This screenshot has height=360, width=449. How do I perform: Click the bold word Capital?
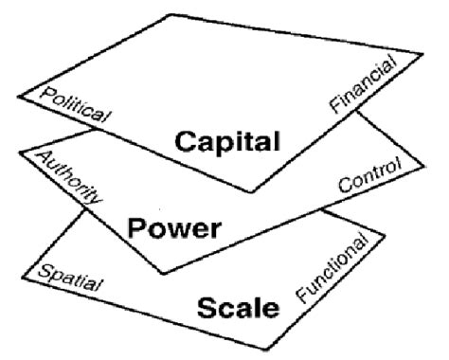[228, 143]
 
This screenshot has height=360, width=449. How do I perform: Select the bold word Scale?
[240, 307]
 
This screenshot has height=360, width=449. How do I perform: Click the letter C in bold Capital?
[186, 143]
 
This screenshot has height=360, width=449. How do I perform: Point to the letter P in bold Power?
[137, 230]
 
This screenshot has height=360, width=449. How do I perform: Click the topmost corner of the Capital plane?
[171, 14]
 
